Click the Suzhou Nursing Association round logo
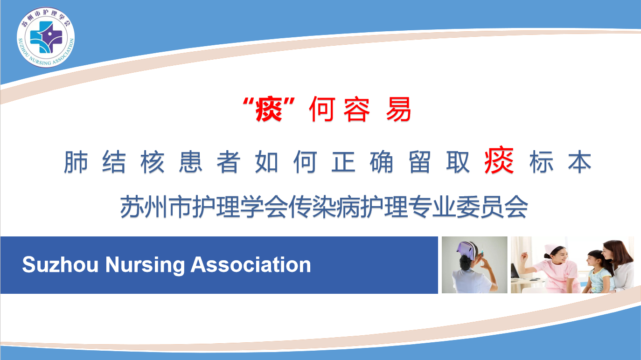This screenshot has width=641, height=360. (46, 37)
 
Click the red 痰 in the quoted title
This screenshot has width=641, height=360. (269, 110)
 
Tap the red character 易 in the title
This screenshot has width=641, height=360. (398, 110)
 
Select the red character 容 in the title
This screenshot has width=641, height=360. (356, 110)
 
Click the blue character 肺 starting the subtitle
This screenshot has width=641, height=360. (76, 162)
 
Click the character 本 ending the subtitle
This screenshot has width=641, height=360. (580, 162)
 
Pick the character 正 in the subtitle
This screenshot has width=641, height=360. (343, 162)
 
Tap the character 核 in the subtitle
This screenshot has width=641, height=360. (152, 162)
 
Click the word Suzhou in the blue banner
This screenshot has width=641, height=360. (60, 265)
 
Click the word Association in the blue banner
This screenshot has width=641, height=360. (251, 265)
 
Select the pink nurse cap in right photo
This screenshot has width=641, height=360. (551, 248)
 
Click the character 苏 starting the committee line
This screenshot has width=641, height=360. (132, 207)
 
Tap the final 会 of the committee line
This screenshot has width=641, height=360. (516, 207)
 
